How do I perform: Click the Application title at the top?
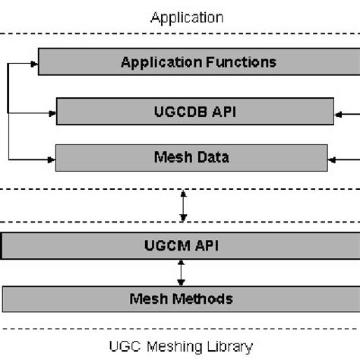179,16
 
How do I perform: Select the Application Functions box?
198,62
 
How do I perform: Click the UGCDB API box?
195,112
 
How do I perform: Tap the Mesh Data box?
192,158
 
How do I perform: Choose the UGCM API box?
181,246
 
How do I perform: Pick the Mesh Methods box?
181,298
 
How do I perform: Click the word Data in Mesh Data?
214,158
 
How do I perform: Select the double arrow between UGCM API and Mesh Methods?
181,271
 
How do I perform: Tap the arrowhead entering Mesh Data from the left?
51,159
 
